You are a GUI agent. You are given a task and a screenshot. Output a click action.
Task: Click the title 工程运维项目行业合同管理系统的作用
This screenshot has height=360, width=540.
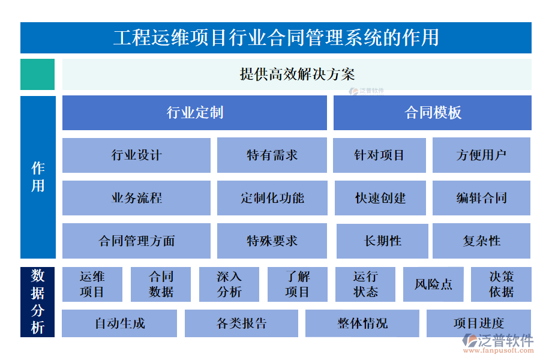pos(275,38)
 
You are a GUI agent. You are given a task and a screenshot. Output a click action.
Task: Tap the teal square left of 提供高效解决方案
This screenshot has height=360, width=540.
pos(37,74)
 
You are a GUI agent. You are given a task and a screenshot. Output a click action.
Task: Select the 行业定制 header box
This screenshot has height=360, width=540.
pos(194,113)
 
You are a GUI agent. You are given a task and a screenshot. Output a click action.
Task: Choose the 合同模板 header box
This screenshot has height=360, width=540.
pos(432,113)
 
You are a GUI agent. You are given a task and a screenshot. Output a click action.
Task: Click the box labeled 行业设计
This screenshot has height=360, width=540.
pos(136,155)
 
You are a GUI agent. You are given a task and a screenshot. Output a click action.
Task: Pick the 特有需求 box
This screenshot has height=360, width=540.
pos(272,155)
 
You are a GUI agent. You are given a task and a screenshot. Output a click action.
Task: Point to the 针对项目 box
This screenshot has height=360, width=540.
pos(379,155)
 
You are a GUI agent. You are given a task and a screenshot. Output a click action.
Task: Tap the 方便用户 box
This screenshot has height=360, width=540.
pos(481,155)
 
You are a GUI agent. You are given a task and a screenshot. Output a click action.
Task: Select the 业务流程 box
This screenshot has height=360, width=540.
pos(136,198)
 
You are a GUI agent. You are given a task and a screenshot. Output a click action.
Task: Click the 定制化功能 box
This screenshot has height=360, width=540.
pos(272,198)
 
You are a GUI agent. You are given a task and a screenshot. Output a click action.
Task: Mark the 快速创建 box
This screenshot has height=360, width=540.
pos(379,198)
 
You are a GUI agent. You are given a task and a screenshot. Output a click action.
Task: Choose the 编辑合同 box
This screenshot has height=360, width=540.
pos(481,198)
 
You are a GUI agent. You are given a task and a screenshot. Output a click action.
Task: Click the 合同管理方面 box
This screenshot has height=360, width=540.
pos(136,241)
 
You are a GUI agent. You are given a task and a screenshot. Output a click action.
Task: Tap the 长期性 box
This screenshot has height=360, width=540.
pos(382,241)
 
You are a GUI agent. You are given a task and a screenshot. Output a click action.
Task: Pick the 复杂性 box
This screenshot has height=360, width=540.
pos(481,241)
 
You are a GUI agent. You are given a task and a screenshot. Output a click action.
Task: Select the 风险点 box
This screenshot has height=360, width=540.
pos(433,284)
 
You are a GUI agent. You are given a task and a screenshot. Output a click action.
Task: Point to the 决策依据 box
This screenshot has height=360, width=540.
pos(501,284)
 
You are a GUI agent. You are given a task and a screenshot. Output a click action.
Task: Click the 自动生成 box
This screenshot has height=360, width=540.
pos(119,323)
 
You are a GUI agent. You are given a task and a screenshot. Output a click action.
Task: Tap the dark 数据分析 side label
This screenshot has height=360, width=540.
pos(37,302)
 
